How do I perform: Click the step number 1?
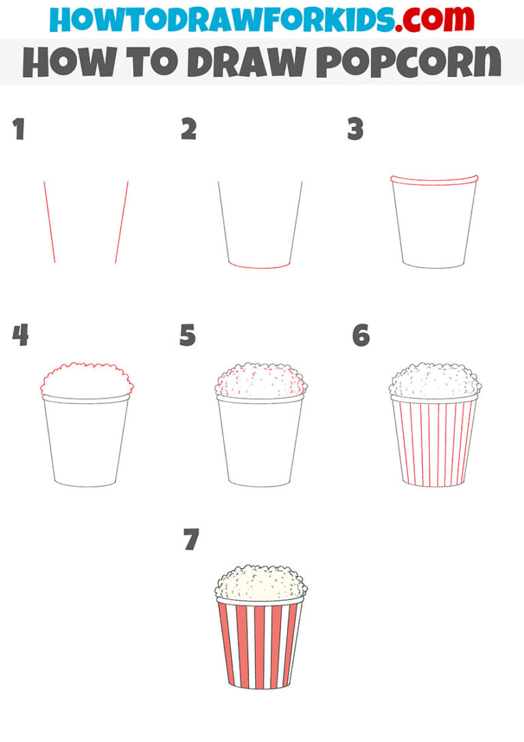pyautogui.click(x=18, y=130)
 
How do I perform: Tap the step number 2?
pyautogui.click(x=188, y=130)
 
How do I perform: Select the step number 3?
pyautogui.click(x=355, y=130)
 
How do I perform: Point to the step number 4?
pyautogui.click(x=20, y=336)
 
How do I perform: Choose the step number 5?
pyautogui.click(x=188, y=336)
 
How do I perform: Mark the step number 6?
pyautogui.click(x=361, y=336)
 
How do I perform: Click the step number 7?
pyautogui.click(x=191, y=541)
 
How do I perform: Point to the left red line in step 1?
pyautogui.click(x=49, y=222)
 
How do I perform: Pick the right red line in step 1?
pyautogui.click(x=121, y=222)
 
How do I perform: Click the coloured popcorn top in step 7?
pyautogui.click(x=261, y=583)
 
